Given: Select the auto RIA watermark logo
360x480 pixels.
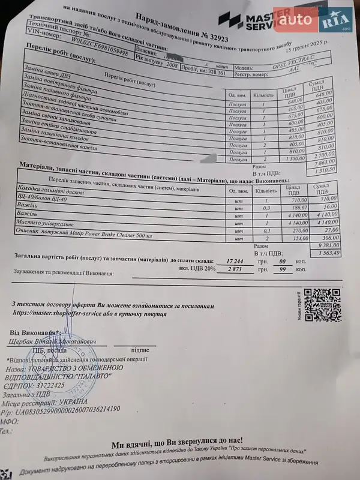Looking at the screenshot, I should point(315,22).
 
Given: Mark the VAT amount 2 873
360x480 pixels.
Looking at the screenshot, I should point(223,271).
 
